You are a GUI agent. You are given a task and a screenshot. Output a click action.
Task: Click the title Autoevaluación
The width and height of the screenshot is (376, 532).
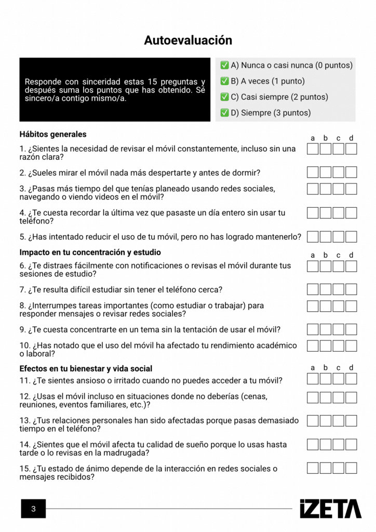click(188, 41)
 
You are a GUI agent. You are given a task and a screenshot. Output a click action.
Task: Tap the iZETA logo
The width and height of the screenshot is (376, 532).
click(330, 509)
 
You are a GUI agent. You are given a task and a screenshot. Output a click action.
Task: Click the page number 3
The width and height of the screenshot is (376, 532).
click(33, 509)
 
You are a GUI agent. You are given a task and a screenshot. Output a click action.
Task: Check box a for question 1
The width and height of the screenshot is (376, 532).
click(313, 149)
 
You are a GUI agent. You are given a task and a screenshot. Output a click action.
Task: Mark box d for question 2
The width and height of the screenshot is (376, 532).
click(351, 172)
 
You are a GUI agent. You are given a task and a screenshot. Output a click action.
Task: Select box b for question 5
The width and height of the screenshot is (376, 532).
click(326, 236)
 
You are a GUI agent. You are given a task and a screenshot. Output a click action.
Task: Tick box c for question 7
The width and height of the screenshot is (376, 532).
click(338, 289)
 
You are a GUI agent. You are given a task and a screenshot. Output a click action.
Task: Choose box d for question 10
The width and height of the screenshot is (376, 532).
click(351, 346)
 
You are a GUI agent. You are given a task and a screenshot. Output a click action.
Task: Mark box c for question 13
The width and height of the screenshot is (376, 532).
click(338, 421)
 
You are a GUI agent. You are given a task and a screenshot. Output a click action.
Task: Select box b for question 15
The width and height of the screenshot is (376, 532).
click(326, 468)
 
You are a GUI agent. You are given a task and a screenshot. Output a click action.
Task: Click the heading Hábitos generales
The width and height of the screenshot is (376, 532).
click(53, 135)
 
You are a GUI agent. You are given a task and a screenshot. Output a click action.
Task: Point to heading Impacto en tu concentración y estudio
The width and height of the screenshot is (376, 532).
click(90, 252)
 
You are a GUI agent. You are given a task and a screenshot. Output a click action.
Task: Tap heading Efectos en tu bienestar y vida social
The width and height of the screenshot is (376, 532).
click(86, 368)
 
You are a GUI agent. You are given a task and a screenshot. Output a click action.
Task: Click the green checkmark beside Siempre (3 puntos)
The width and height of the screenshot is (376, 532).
click(225, 113)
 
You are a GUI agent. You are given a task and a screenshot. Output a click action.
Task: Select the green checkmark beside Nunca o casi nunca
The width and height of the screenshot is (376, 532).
click(225, 65)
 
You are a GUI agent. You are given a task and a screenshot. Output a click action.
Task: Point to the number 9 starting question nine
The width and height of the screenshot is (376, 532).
click(22, 329)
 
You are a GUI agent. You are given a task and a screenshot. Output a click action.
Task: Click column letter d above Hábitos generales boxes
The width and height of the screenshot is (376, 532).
click(351, 138)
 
